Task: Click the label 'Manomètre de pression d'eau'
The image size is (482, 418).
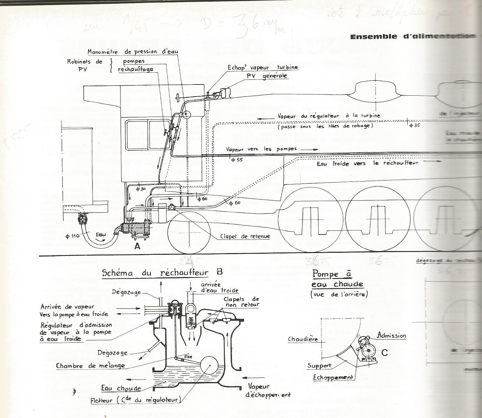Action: point(133,52)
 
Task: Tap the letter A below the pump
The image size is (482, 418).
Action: point(137,246)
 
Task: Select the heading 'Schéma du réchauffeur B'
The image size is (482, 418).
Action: point(162,273)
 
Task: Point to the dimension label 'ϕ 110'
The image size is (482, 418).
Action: point(72,236)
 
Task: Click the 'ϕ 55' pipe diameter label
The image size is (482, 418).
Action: point(237,160)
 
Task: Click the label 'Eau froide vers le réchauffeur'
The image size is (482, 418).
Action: point(367,163)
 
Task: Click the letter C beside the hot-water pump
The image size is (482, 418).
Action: point(384,353)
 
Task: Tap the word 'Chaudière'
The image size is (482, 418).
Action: point(303,339)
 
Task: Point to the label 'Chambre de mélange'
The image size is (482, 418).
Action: point(90,366)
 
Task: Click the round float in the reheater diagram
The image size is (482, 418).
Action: point(209,366)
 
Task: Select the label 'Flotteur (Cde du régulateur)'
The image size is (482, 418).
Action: point(136,400)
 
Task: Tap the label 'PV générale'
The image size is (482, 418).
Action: point(267,76)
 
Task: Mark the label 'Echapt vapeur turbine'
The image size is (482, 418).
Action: point(263,67)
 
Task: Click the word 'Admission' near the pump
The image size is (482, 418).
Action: point(392,336)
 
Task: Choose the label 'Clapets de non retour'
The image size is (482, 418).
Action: point(242,302)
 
